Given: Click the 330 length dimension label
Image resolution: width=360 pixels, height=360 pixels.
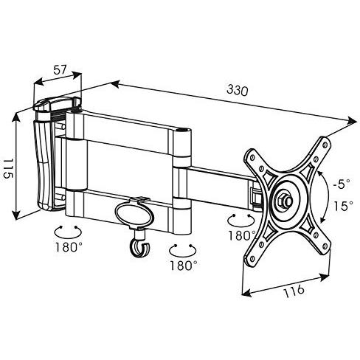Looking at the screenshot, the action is [238, 90].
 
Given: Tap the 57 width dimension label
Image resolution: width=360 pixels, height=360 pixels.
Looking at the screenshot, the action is [60, 70].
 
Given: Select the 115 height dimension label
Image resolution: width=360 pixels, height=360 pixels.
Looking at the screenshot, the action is [7, 168].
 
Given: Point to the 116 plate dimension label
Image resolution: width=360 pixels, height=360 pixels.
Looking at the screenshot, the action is [294, 291].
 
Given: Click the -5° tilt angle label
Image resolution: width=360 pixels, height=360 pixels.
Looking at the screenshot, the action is [342, 184].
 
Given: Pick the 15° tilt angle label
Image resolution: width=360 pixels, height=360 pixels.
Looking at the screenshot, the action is [343, 206].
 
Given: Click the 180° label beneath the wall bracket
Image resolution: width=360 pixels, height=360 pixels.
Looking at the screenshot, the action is [69, 246].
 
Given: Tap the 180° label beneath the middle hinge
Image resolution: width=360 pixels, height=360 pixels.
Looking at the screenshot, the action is [184, 266].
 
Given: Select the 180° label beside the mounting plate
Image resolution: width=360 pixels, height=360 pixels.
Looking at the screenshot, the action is [242, 235].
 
